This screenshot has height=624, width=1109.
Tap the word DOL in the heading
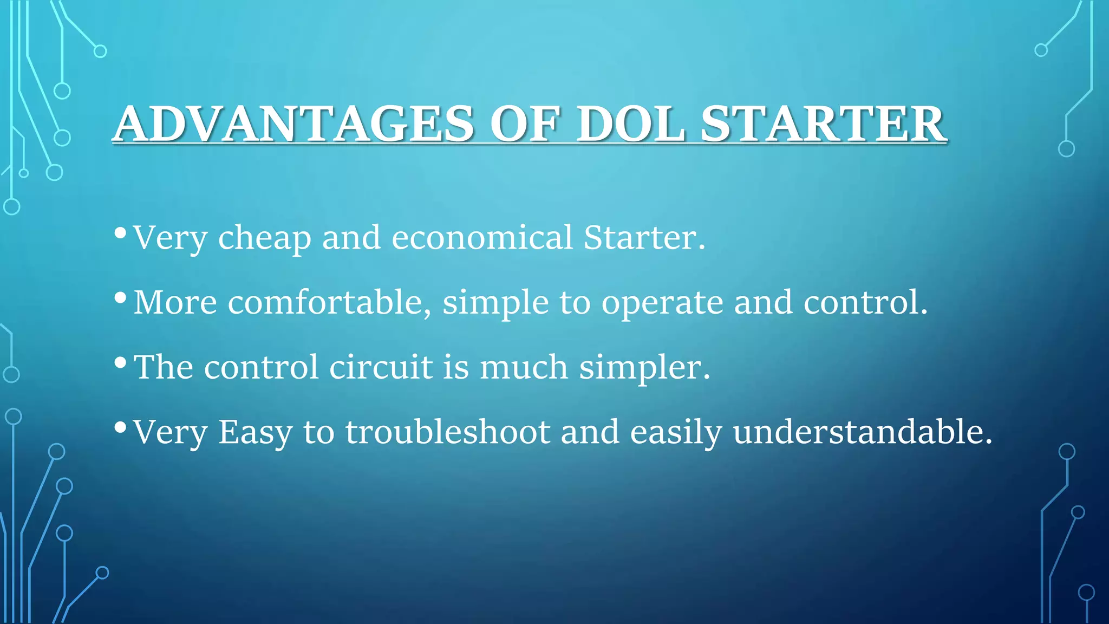point(630,124)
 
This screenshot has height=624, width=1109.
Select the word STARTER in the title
point(823,124)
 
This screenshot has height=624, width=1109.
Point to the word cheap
point(264,238)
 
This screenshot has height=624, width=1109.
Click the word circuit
point(381,367)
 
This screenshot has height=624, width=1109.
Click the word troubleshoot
point(448,432)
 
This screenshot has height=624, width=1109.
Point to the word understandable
point(863,432)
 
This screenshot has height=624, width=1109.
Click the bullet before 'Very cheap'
point(121,233)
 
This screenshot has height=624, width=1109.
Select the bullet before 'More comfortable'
point(121,298)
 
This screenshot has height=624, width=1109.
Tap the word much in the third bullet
point(524,367)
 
